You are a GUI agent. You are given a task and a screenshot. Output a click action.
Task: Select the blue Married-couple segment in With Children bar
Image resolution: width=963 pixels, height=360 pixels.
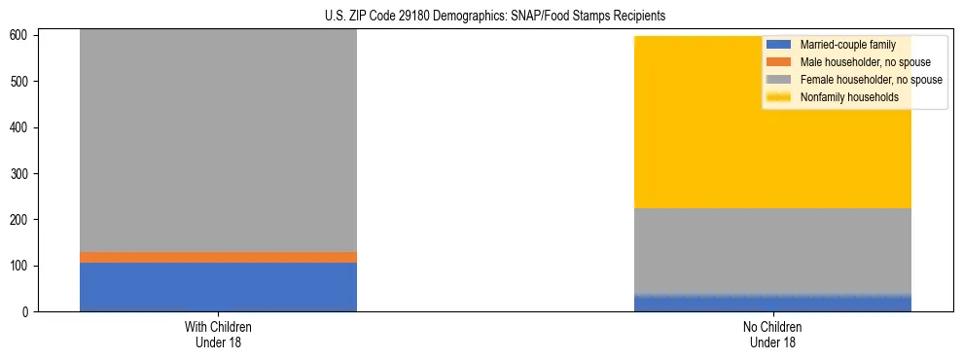coord(218,287)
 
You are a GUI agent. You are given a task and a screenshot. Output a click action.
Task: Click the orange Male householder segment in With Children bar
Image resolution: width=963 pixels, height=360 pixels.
coord(218,257)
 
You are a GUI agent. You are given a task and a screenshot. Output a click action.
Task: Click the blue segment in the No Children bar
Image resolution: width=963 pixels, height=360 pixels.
coord(772,304)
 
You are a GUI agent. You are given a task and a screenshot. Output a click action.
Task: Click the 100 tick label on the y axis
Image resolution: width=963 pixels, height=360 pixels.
coord(23,266)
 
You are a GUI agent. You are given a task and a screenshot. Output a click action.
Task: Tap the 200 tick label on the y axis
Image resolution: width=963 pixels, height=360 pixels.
coord(23,220)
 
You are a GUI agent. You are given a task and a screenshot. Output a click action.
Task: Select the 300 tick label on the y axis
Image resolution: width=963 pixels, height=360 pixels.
coord(23,174)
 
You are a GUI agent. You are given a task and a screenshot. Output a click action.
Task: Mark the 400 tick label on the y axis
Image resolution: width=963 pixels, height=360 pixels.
coord(23,127)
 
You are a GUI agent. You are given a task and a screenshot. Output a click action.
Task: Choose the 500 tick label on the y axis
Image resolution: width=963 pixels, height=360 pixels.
coord(23,82)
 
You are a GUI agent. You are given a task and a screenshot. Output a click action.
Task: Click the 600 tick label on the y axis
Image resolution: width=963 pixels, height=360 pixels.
coord(23,36)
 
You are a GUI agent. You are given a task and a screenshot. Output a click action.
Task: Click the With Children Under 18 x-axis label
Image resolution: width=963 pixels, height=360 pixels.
coord(218,335)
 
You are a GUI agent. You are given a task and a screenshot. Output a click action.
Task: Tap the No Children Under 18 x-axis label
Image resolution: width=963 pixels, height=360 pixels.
coord(772,335)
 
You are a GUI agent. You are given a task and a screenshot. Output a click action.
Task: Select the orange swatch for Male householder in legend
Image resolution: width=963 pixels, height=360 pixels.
coord(779,62)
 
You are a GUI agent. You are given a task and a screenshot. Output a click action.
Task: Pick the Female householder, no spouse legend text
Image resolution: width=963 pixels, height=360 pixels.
coord(871,80)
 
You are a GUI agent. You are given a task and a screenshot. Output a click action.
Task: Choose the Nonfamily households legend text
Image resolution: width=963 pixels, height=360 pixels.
coord(849,97)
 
